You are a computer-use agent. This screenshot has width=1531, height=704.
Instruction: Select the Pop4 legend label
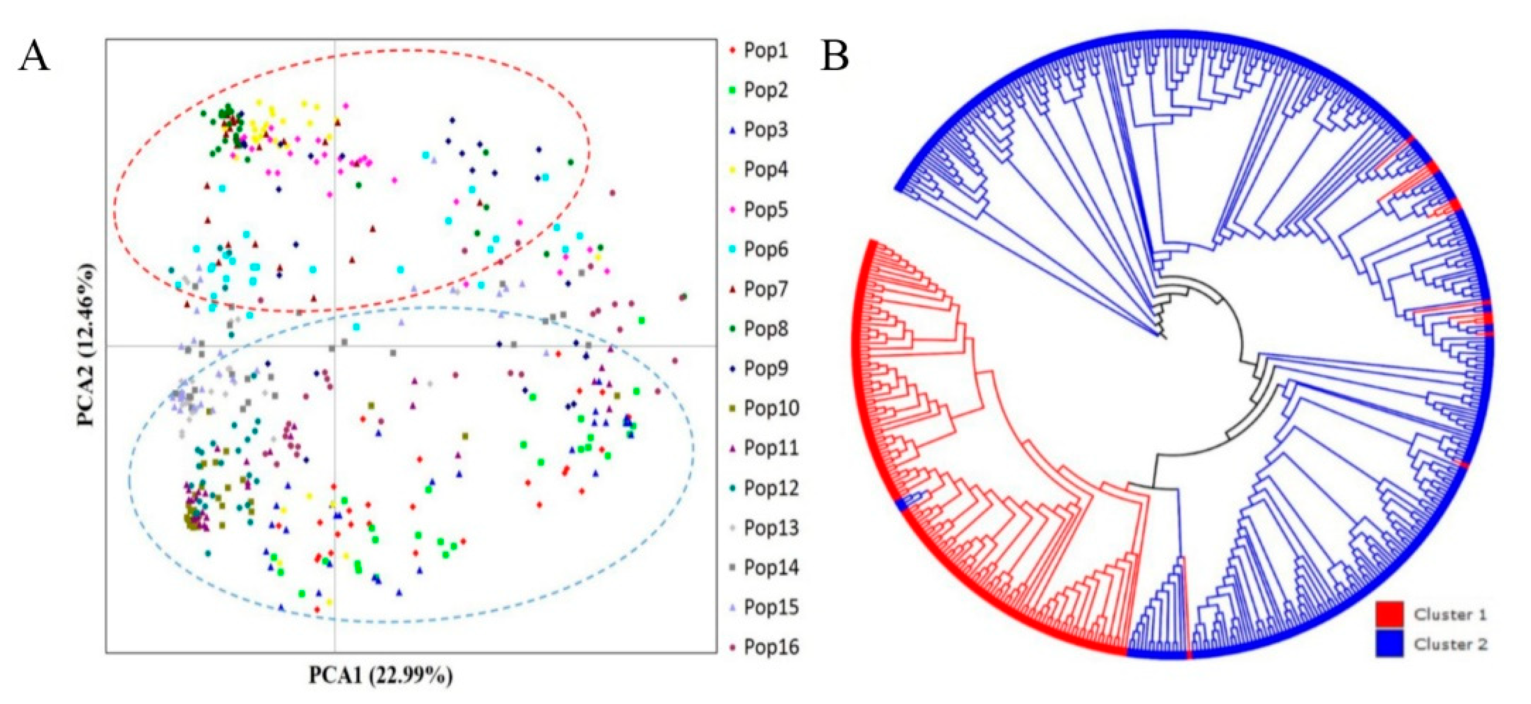(x=766, y=170)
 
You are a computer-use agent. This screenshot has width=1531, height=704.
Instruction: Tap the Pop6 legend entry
(x=766, y=249)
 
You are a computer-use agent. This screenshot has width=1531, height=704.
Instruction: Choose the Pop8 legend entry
(x=766, y=329)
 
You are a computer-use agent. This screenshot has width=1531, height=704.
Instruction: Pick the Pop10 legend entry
(x=770, y=409)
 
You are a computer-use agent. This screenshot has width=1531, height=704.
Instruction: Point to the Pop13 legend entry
(x=770, y=528)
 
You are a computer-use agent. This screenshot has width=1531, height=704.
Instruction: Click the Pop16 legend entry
(x=770, y=647)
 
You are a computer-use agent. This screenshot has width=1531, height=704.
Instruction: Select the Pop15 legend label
(x=770, y=608)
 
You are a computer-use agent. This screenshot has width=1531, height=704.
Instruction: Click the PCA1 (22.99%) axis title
(x=380, y=676)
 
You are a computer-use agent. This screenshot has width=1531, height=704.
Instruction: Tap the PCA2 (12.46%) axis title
(x=86, y=345)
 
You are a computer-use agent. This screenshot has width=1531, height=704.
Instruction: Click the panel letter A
(x=34, y=58)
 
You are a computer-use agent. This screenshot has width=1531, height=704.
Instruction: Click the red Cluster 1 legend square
(x=1389, y=614)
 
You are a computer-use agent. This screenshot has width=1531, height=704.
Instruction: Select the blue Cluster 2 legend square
(x=1389, y=644)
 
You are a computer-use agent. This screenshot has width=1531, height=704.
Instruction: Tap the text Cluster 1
(x=1450, y=614)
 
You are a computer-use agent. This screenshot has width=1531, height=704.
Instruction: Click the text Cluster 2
(x=1450, y=644)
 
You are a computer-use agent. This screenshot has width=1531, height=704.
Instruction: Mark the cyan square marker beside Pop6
(x=733, y=249)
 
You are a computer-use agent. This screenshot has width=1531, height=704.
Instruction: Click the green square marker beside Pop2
(x=733, y=91)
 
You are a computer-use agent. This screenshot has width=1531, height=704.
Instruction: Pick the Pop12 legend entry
(x=770, y=488)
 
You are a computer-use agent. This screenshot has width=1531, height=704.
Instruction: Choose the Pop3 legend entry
(x=766, y=130)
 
